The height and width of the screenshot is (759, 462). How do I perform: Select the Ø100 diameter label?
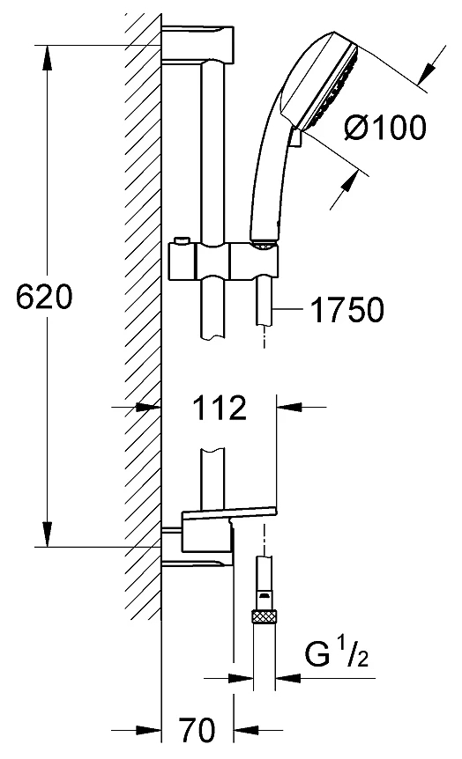pos(386,129)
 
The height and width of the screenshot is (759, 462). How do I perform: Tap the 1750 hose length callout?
pos(346,310)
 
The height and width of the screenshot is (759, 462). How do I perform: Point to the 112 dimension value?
pos(220,408)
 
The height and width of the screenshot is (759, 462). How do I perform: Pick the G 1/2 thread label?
pos(336,652)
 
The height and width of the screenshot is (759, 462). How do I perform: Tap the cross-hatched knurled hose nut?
pos(265,616)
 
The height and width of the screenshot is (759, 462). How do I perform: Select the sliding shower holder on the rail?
pos(223,262)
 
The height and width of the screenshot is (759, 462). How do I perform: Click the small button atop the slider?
pos(183,241)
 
